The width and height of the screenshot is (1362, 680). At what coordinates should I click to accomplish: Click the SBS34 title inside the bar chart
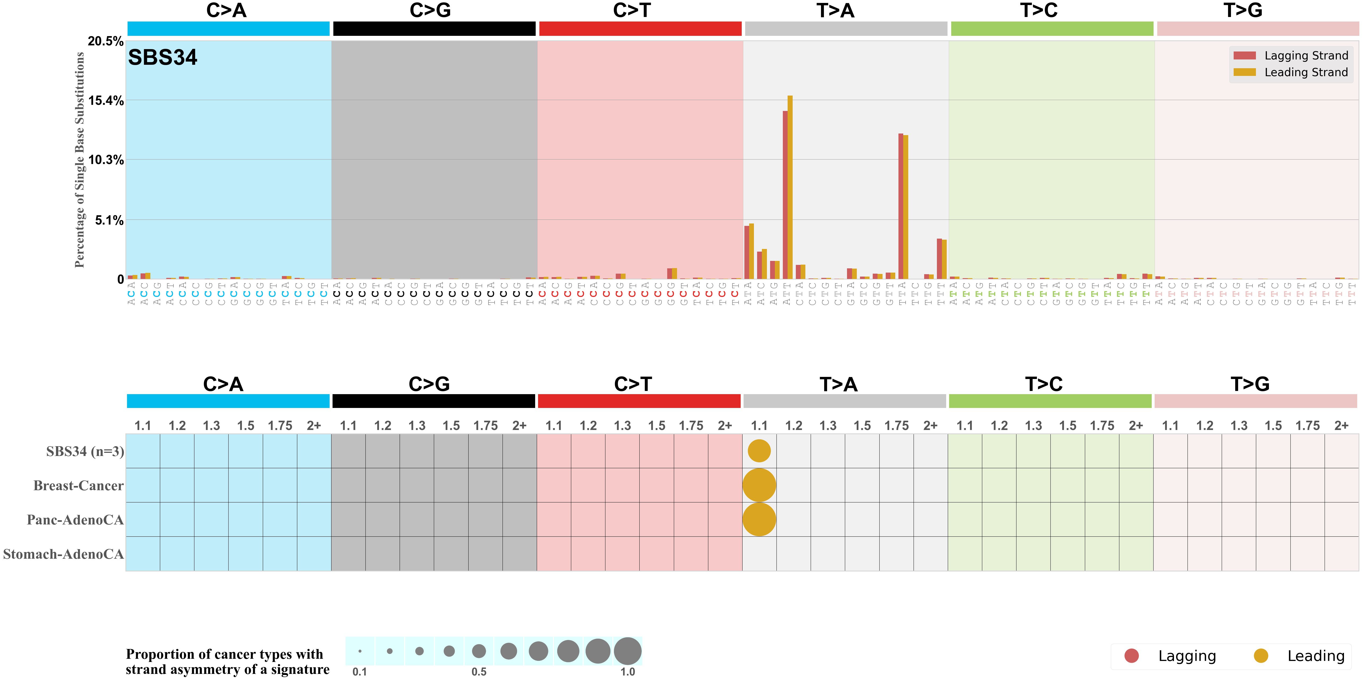point(162,57)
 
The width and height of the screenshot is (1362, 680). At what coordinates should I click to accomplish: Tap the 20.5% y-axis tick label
point(106,41)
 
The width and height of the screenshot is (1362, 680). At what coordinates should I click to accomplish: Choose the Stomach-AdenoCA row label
point(63,554)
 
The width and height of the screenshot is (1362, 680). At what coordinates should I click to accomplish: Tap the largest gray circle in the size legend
point(628,651)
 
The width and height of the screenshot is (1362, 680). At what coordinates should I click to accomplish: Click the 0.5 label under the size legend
point(479,672)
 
